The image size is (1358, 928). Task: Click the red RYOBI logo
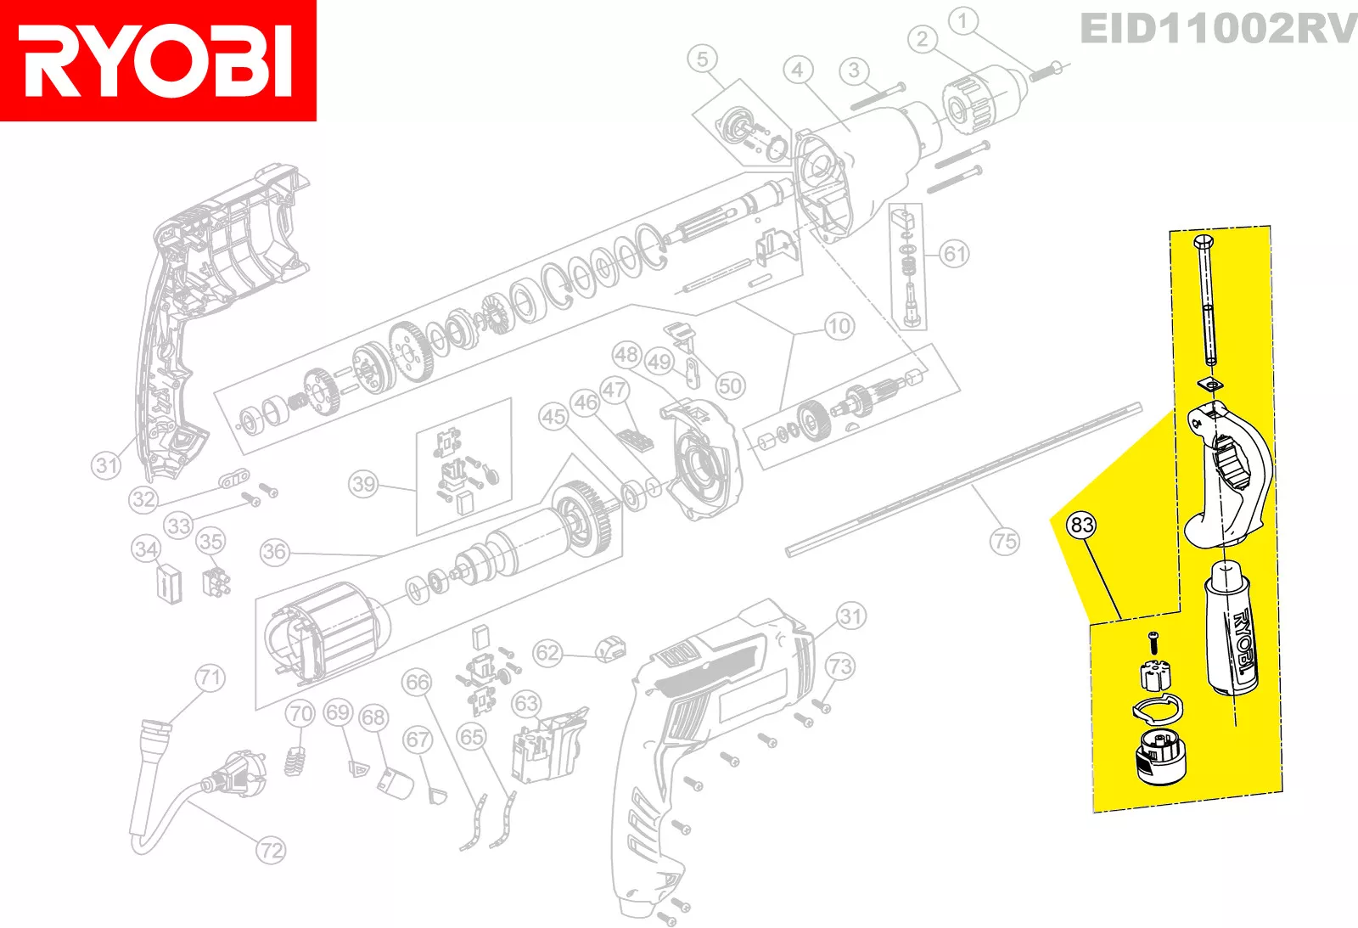[x=158, y=60]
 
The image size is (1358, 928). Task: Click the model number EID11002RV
[x=1217, y=30]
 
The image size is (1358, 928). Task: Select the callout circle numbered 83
[x=1081, y=525]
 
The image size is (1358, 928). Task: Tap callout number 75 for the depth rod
[x=1004, y=541]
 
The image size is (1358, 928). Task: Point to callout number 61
[x=955, y=253]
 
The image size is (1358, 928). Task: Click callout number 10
[x=839, y=326]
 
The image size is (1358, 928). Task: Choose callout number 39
[x=363, y=484]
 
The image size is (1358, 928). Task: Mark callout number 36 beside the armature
[x=274, y=552]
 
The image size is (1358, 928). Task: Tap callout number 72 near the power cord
[x=271, y=850]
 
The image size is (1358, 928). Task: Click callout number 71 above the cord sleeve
[x=210, y=678]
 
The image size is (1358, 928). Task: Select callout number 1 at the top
[x=962, y=20]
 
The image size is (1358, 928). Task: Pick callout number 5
[x=702, y=59]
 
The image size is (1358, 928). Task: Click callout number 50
[x=730, y=386]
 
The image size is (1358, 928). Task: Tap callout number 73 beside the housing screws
[x=839, y=666]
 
